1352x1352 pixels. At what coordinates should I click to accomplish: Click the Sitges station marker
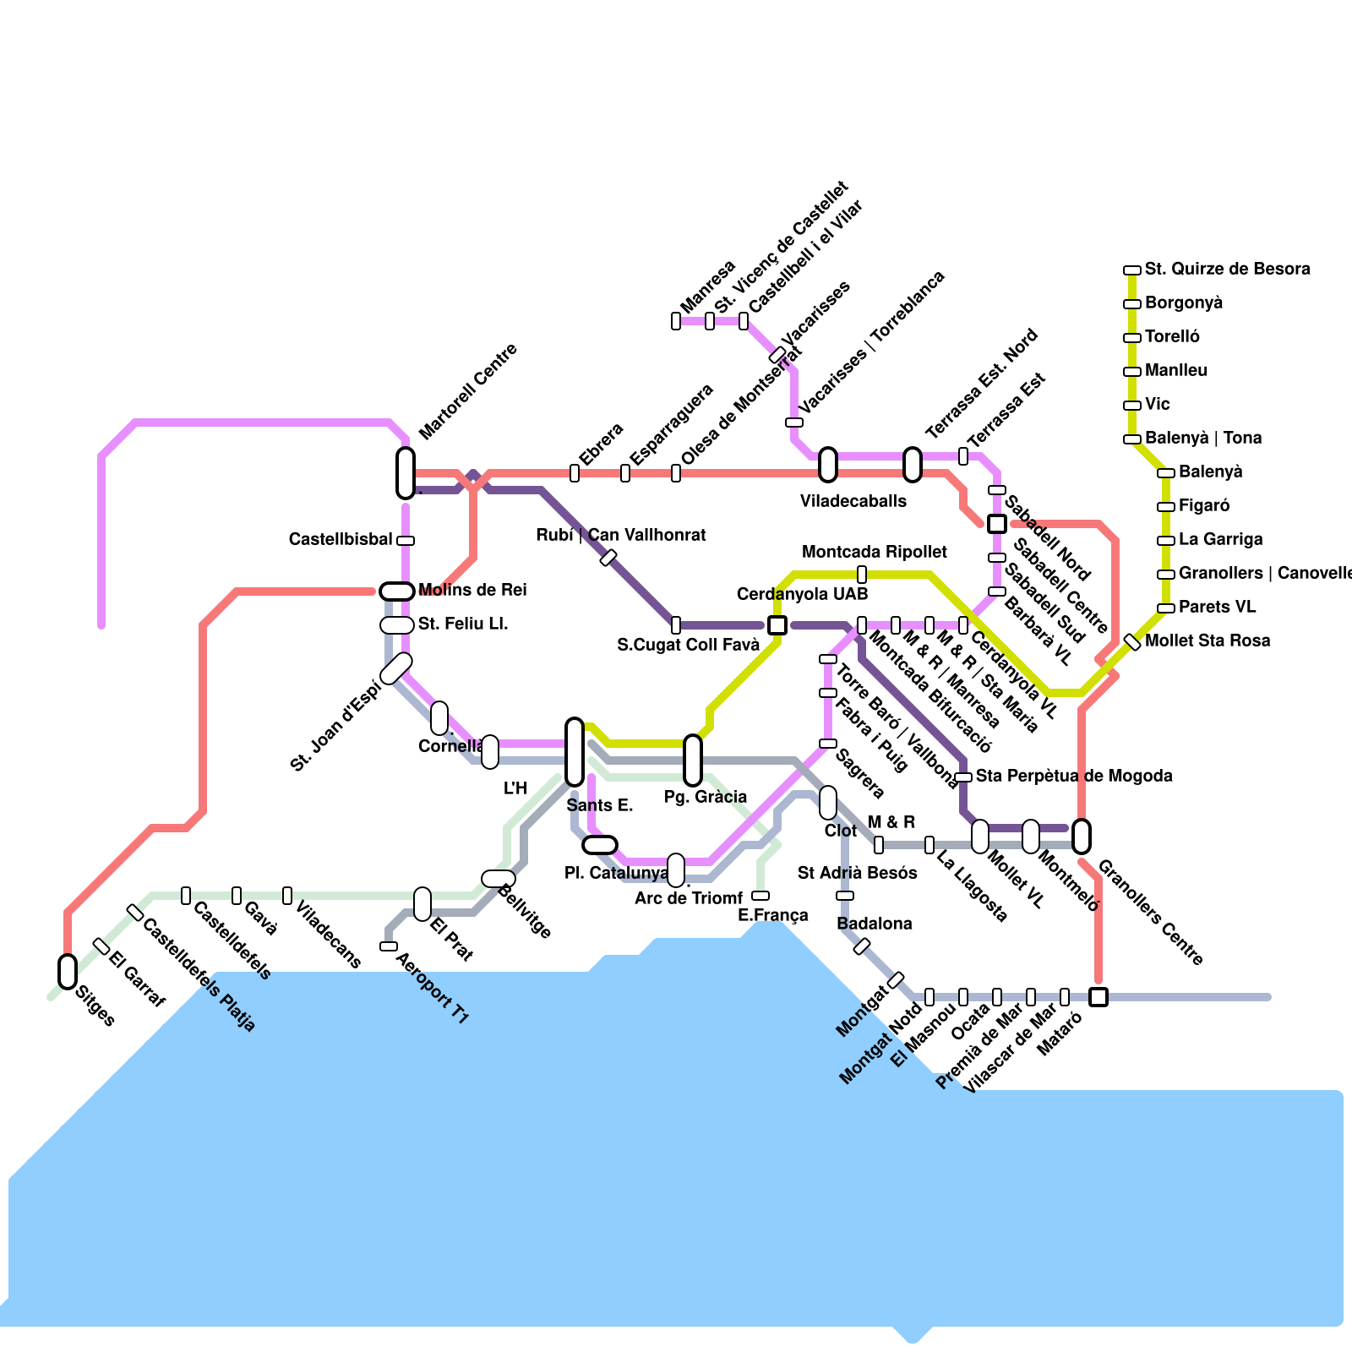68,972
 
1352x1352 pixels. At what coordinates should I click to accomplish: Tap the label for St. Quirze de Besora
1227,270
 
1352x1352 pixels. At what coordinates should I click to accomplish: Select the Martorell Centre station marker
406,473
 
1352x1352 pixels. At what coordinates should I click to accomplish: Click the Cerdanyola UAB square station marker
777,625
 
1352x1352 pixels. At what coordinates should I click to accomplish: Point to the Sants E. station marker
575,752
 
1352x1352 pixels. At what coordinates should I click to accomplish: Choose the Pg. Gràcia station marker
693,760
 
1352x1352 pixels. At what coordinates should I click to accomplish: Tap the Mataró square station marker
1098,997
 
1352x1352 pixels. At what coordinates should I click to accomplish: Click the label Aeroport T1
432,989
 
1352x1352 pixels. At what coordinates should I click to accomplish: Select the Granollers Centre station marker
1082,837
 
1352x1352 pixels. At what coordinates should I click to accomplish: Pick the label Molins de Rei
472,591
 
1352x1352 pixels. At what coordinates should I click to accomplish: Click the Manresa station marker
676,321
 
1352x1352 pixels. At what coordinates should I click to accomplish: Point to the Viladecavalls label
853,502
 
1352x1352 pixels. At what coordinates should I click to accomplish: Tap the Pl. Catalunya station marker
600,845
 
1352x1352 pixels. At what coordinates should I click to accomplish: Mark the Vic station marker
1132,406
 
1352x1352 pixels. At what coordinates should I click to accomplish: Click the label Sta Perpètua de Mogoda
1074,777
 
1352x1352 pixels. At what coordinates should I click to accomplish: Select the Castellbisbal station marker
406,541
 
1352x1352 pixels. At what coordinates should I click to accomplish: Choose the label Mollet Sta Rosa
1208,641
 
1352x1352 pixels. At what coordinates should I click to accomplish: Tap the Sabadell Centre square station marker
997,524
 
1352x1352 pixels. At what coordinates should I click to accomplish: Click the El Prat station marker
422,904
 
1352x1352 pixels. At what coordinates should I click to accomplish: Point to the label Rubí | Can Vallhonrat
621,536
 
